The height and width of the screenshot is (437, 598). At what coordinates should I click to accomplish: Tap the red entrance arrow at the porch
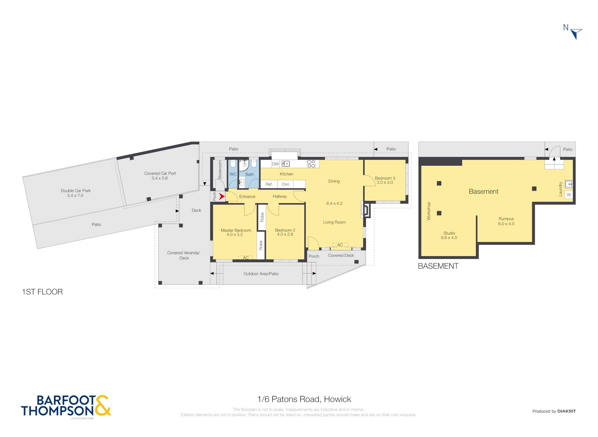(x=222, y=197)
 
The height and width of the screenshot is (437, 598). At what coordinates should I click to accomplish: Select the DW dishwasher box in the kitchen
(x=275, y=164)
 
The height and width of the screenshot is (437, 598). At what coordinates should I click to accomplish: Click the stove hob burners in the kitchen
(x=311, y=164)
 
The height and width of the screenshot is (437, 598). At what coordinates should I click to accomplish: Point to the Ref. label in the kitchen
(x=269, y=184)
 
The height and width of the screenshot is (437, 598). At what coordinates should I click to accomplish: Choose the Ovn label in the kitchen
(x=286, y=184)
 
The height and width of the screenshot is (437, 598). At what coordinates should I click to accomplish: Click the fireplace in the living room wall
(x=366, y=210)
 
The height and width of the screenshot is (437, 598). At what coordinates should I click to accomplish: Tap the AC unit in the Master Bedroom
(x=246, y=257)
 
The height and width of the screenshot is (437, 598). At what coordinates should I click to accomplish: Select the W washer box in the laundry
(x=569, y=195)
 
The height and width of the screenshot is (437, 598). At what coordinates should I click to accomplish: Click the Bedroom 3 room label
(x=385, y=178)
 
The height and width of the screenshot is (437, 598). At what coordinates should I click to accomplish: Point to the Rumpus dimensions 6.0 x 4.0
(x=506, y=224)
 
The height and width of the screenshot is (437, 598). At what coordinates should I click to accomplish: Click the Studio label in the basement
(x=449, y=233)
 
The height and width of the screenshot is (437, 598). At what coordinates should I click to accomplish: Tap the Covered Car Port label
(x=160, y=173)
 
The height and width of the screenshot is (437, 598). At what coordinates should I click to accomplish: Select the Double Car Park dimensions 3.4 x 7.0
(x=75, y=195)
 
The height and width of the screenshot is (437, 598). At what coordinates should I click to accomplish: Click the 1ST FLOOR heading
(x=42, y=292)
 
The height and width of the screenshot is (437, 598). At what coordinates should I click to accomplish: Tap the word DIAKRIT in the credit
(x=566, y=411)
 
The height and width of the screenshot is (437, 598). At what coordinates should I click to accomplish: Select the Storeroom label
(x=220, y=170)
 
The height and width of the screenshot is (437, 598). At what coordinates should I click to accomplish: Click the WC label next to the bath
(x=233, y=174)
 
